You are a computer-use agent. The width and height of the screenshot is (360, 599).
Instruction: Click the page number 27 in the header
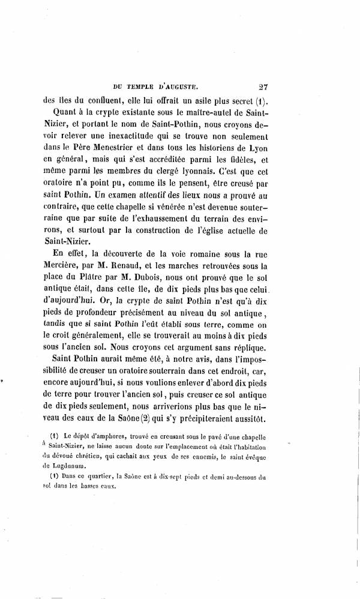click(265, 86)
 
